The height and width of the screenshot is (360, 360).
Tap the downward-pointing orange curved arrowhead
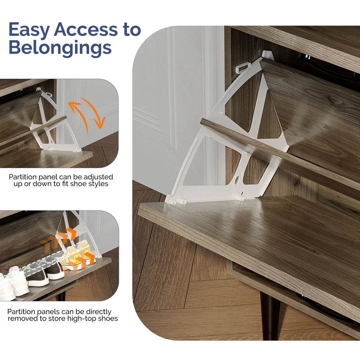click(100, 123)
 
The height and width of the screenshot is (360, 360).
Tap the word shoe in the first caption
click(77, 184)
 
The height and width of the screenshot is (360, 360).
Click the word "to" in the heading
click(132, 30)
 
